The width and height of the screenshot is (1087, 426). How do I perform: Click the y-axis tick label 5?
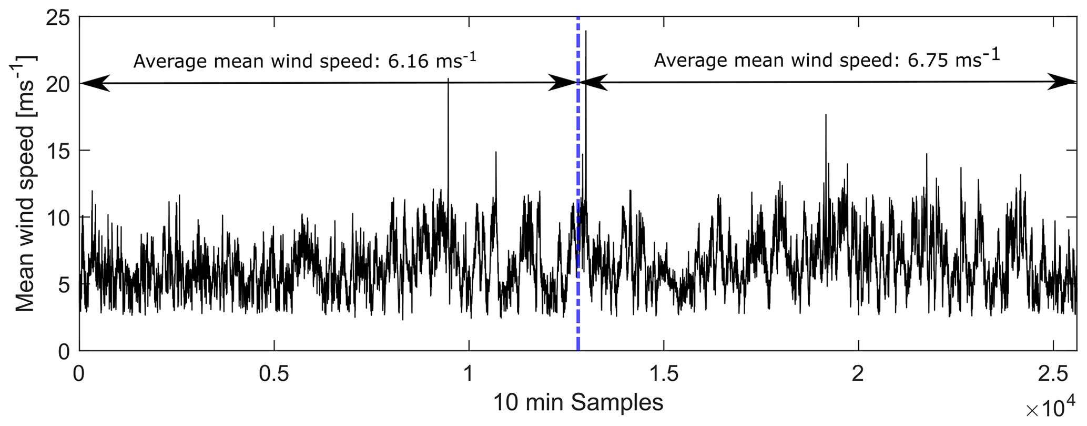(x=65, y=285)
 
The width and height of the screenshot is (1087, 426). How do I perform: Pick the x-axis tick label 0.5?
(x=274, y=374)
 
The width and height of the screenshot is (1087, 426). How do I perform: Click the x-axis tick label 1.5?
(x=664, y=374)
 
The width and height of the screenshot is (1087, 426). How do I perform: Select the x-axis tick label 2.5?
(x=1053, y=374)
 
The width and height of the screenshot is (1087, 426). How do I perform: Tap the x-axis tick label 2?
(x=858, y=374)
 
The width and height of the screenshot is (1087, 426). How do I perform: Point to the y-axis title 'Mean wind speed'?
(x=24, y=184)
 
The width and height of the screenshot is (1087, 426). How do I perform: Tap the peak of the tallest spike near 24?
(x=586, y=31)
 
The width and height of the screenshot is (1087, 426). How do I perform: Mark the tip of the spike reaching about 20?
(x=448, y=79)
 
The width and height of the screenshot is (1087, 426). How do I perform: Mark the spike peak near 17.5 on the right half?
(x=826, y=115)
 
